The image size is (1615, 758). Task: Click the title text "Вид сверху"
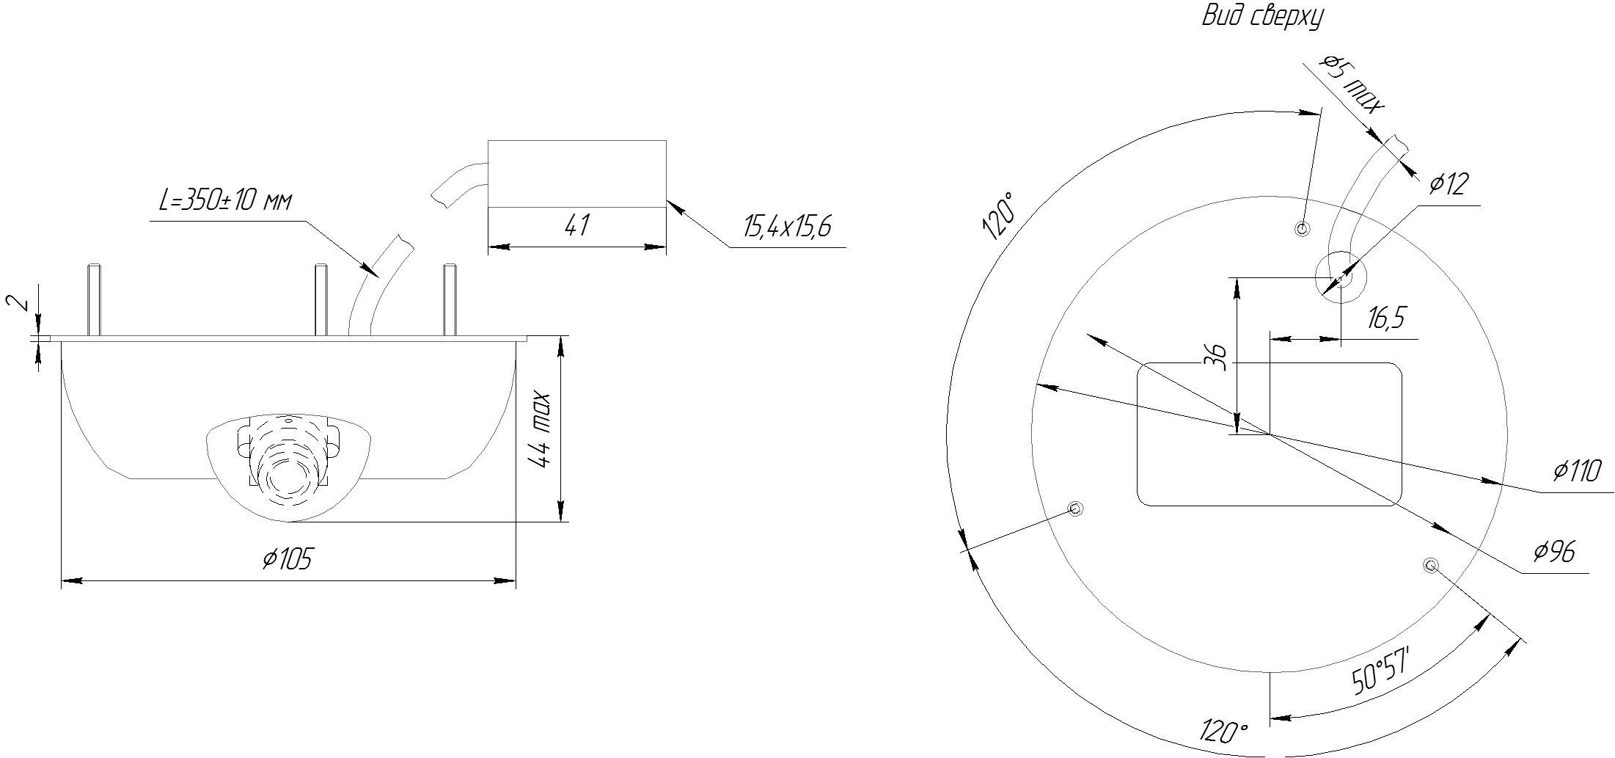(1263, 16)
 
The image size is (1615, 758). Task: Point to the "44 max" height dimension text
(541, 430)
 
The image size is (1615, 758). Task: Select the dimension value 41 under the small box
(577, 225)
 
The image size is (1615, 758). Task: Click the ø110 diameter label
(1576, 470)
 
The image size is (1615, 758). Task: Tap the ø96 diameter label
(1553, 552)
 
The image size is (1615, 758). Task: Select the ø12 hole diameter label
(1449, 185)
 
